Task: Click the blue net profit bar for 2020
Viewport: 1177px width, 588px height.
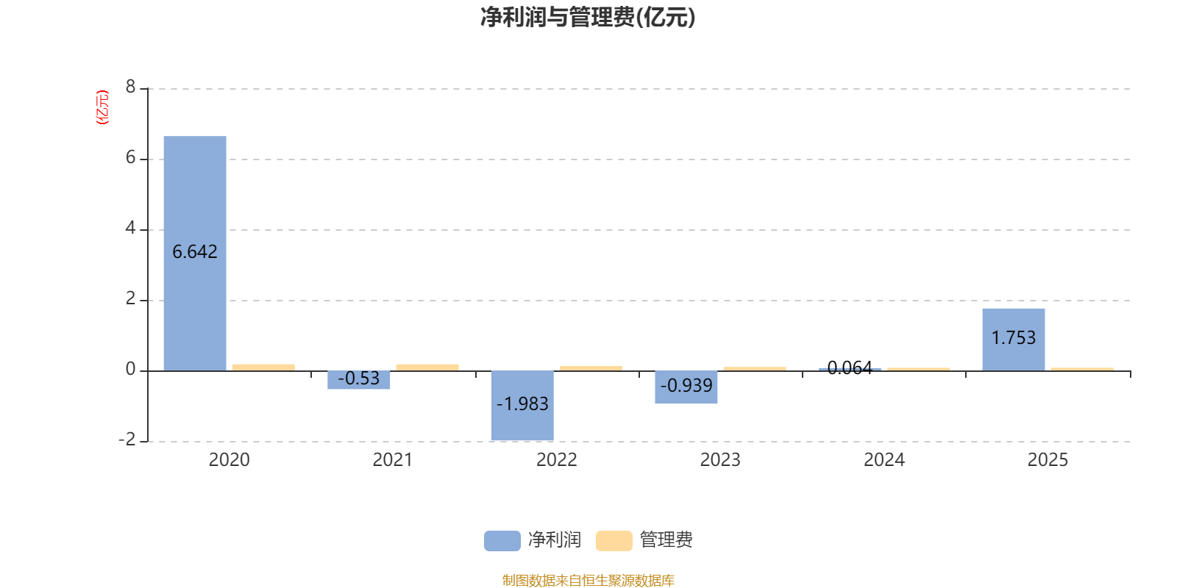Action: tap(195, 254)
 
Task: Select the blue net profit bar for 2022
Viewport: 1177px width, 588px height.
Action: tap(522, 405)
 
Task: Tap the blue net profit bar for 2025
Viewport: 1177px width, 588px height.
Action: tap(1014, 340)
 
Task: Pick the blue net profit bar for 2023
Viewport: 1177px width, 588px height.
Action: tap(686, 387)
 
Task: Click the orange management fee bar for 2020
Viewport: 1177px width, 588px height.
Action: tap(264, 367)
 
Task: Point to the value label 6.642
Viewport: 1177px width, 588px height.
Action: tap(195, 252)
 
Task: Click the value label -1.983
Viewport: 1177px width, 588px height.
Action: tap(522, 404)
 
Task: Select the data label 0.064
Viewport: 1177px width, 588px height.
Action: tap(850, 367)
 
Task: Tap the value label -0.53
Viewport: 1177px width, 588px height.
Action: tap(359, 378)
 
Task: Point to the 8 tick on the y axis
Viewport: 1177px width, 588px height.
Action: tap(130, 87)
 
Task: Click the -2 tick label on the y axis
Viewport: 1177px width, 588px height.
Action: tap(127, 440)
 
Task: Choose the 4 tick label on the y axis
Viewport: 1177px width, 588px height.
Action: tap(130, 228)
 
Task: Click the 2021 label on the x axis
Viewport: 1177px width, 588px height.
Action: tap(393, 460)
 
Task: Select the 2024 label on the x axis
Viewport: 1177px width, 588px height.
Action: tap(884, 460)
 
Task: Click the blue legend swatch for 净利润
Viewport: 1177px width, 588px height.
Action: tap(502, 541)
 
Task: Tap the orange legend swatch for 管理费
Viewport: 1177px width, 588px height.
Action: tap(614, 541)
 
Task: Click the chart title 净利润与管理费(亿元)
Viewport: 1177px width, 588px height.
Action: tap(588, 18)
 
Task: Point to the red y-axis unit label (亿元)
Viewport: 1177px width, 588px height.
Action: tap(102, 107)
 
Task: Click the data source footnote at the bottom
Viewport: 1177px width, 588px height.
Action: tap(588, 580)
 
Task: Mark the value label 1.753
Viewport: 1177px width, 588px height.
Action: tap(1014, 337)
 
